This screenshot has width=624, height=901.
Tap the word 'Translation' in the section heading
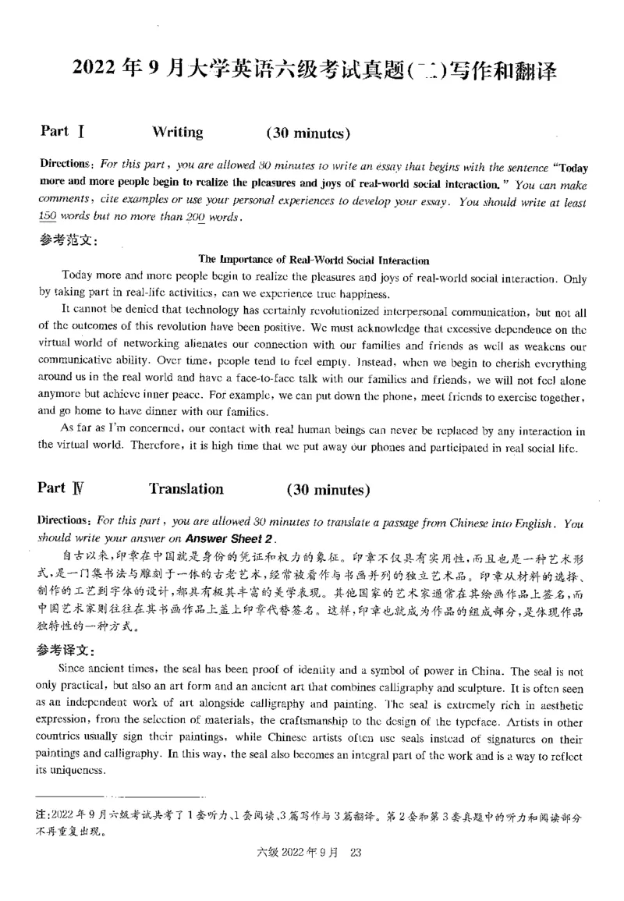click(x=186, y=489)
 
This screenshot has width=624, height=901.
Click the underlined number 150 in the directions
click(x=48, y=217)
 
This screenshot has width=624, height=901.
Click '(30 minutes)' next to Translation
click(x=327, y=490)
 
